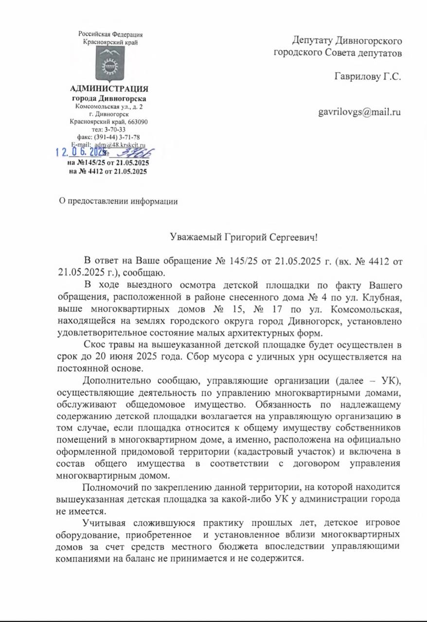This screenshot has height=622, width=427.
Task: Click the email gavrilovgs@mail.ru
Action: (359, 113)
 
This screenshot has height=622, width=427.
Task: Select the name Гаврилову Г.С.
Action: (368, 76)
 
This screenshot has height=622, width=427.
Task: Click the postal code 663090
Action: (138, 122)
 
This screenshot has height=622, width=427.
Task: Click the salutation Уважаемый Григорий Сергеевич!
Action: (243, 237)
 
